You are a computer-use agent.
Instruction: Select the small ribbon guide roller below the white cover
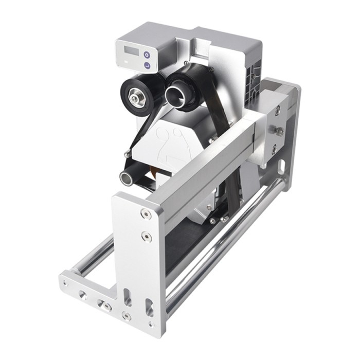point(127,177)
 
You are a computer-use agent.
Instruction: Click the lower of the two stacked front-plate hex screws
point(146,237)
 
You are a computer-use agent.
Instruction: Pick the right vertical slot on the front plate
point(149,307)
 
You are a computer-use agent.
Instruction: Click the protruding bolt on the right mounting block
point(280,131)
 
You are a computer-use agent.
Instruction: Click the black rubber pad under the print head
point(190,252)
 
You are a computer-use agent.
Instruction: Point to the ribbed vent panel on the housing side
point(253,77)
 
